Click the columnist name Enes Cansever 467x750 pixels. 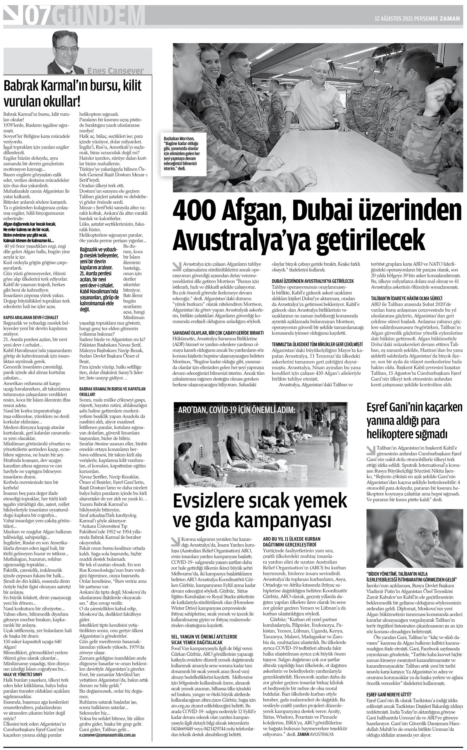[115, 71]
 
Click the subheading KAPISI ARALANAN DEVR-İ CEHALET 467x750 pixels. [31, 317]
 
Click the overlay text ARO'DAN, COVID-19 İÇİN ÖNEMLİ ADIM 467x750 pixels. [237, 410]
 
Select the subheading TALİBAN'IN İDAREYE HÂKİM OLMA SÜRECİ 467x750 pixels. [406, 298]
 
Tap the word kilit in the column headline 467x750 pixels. [131, 86]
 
